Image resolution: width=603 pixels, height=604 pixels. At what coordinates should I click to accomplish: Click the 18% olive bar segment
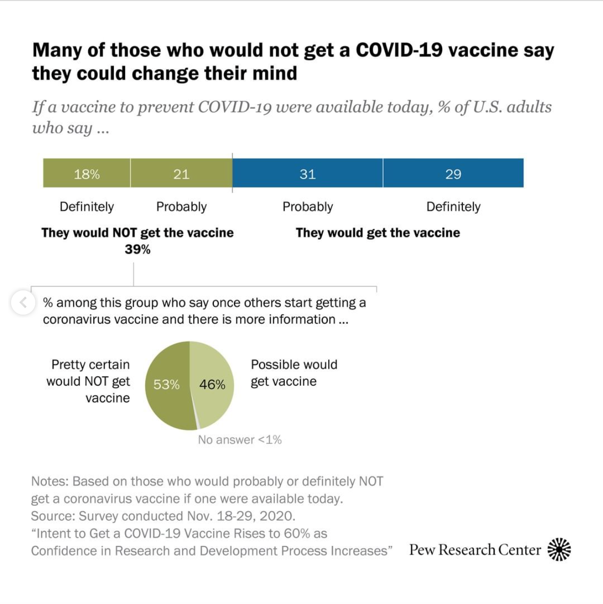pos(87,173)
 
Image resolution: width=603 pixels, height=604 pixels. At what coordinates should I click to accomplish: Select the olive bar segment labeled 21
pos(182,173)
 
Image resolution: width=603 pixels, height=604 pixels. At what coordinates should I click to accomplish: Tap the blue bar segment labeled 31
pos(308,173)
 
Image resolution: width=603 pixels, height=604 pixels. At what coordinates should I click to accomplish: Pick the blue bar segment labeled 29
pos(453,173)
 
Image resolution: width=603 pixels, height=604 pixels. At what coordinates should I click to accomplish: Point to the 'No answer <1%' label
pos(239,440)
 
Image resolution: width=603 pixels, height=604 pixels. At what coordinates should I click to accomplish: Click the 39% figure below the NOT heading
pos(138,250)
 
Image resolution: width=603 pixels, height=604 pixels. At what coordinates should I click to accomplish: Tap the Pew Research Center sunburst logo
pos(559,549)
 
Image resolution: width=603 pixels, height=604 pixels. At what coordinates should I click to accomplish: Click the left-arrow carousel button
pos(23,303)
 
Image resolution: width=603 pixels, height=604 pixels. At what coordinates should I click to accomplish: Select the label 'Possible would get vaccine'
pos(294,373)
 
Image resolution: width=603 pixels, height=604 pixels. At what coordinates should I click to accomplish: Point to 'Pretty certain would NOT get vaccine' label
pos(89,381)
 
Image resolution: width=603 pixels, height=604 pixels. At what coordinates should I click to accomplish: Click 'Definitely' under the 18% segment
pos(87,207)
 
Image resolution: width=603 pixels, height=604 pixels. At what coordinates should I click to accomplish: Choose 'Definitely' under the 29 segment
pos(453,207)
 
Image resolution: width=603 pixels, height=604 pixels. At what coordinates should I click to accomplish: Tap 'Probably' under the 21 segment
pos(182,207)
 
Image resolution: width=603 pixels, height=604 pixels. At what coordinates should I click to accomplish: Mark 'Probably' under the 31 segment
pos(308,207)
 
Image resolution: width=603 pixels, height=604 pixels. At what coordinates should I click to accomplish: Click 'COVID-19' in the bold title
pos(399,50)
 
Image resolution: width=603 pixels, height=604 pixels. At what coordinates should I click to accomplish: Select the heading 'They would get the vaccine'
pos(378,232)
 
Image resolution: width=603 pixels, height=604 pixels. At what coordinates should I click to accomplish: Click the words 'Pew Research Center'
pos(475,550)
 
